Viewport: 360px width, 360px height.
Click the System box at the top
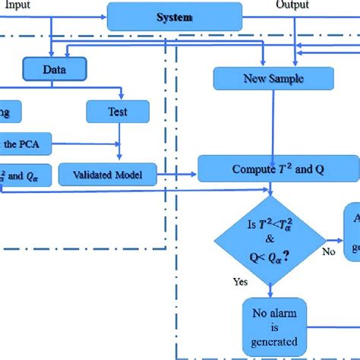point(174,17)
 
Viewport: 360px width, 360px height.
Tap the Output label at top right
point(292,5)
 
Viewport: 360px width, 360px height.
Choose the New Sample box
point(273,77)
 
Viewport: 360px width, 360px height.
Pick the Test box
point(117,112)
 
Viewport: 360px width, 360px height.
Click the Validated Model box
point(109,175)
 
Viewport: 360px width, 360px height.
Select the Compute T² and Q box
point(278,168)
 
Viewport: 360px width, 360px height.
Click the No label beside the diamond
point(328,250)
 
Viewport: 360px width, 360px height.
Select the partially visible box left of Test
point(9,112)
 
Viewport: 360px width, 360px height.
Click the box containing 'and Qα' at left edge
point(14,175)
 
